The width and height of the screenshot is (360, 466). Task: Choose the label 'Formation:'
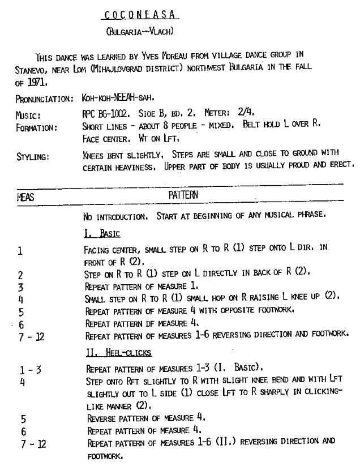coord(36,126)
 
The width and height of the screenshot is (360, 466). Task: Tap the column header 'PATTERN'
coord(182,195)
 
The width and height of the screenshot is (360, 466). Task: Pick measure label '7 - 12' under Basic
coord(30,335)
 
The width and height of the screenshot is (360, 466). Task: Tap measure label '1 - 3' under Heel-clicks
coord(30,371)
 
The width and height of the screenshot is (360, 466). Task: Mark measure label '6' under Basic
coord(21,323)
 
